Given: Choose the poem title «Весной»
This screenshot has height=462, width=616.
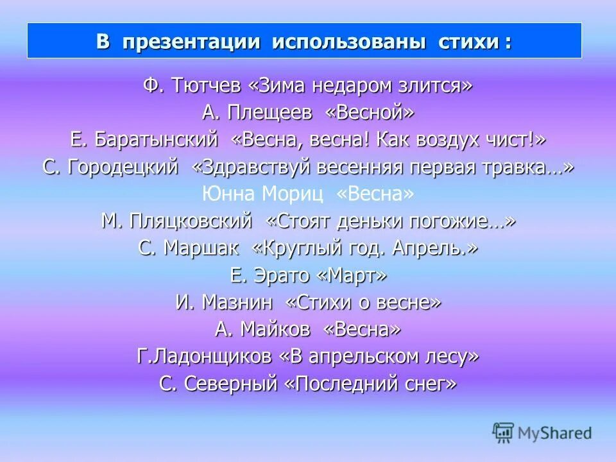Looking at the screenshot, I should [x=370, y=113].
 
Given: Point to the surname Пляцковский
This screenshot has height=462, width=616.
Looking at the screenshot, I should [x=191, y=221].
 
